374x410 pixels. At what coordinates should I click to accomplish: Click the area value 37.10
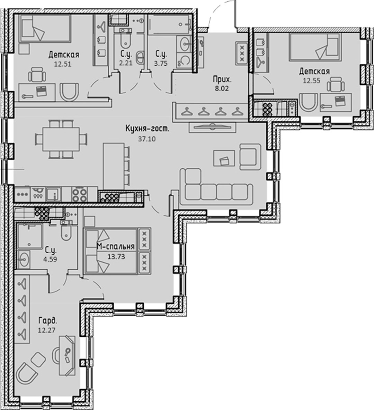pos(147,139)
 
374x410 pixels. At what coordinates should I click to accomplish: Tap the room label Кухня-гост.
pos(148,129)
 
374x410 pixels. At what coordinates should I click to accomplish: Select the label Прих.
pos(222,79)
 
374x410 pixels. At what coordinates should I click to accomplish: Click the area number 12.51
pos(63,64)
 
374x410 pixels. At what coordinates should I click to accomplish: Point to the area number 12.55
pos(312,81)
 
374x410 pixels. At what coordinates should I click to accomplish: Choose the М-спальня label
pos(116,246)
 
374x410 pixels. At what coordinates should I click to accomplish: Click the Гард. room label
pos(48,320)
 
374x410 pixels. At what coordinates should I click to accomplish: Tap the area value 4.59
pos(51,259)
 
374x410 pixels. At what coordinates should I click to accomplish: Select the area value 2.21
pos(126,63)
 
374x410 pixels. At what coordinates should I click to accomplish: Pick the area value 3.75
pos(161,63)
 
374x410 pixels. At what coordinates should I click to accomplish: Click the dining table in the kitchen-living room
pos(61,139)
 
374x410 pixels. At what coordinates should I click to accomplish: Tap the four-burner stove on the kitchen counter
pos(80,195)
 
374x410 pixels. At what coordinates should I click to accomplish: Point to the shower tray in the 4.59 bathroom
pos(29,236)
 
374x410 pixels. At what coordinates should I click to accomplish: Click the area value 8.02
pos(222,88)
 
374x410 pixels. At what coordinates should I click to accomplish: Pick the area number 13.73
pos(116,257)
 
